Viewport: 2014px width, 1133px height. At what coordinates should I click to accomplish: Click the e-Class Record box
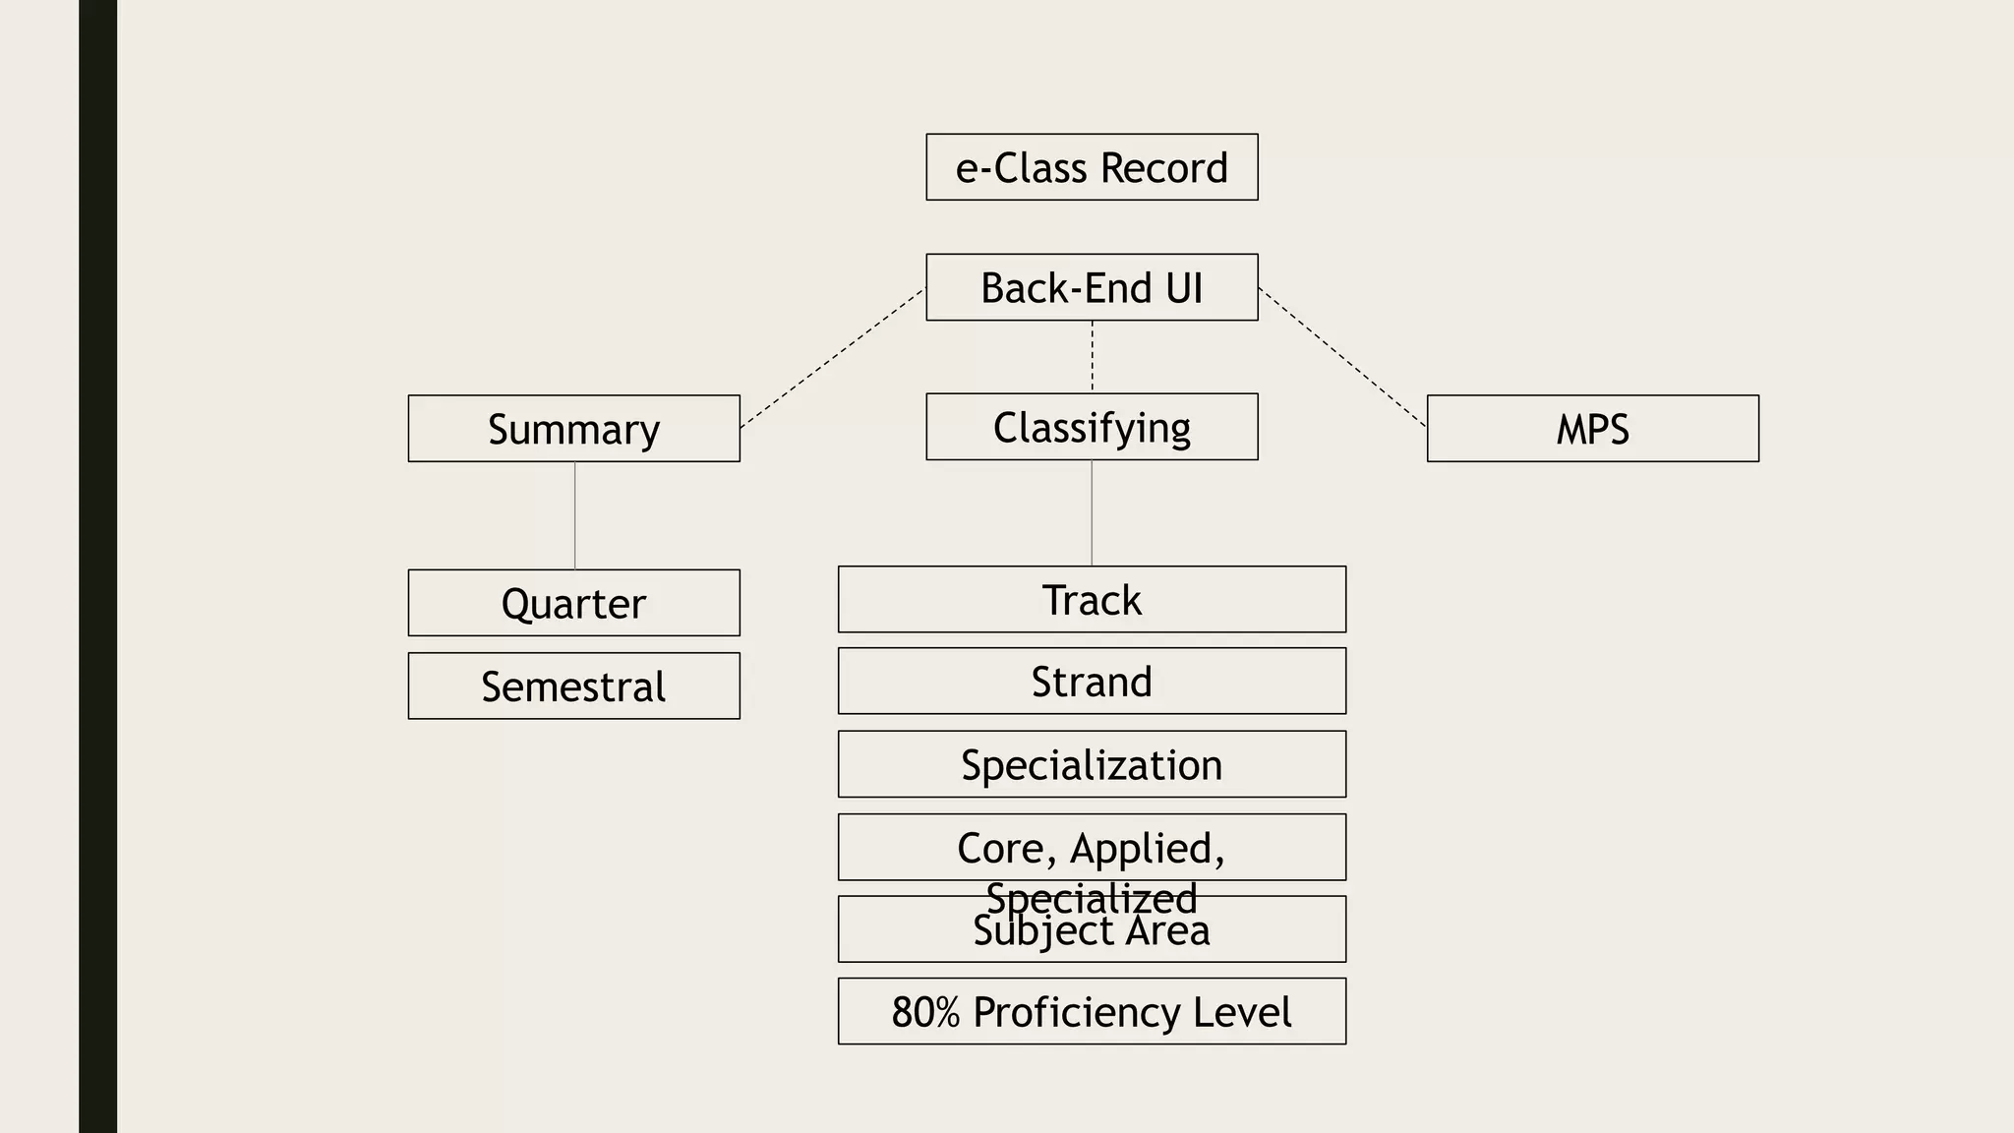pos(1092,167)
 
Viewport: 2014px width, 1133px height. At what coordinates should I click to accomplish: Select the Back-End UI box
pos(1092,287)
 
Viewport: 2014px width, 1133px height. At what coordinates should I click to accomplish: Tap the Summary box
pos(573,429)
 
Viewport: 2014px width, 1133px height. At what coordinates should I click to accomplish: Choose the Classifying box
pos(1092,427)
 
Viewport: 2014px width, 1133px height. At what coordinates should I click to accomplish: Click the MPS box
pos(1592,429)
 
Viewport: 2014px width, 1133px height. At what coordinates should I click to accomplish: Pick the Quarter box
pos(573,603)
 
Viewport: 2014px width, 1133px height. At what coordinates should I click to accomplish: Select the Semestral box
pos(573,686)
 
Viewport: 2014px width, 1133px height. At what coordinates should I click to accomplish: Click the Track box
pos(1092,599)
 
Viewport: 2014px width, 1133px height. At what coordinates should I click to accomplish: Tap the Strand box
pos(1092,681)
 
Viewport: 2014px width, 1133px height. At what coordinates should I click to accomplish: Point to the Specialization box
pos(1092,764)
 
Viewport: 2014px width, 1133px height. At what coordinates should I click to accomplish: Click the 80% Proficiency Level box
pos(1092,1011)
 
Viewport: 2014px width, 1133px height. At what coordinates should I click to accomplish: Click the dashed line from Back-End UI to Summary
pos(832,358)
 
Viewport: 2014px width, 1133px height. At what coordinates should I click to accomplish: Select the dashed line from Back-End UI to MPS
pos(1342,358)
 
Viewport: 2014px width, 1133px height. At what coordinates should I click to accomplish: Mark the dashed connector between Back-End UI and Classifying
pos(1093,356)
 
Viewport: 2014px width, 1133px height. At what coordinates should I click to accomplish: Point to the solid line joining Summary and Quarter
pos(574,515)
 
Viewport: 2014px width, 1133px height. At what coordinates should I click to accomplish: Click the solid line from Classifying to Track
pos(1092,512)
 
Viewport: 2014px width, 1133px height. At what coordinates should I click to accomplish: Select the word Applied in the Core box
pos(1147,849)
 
